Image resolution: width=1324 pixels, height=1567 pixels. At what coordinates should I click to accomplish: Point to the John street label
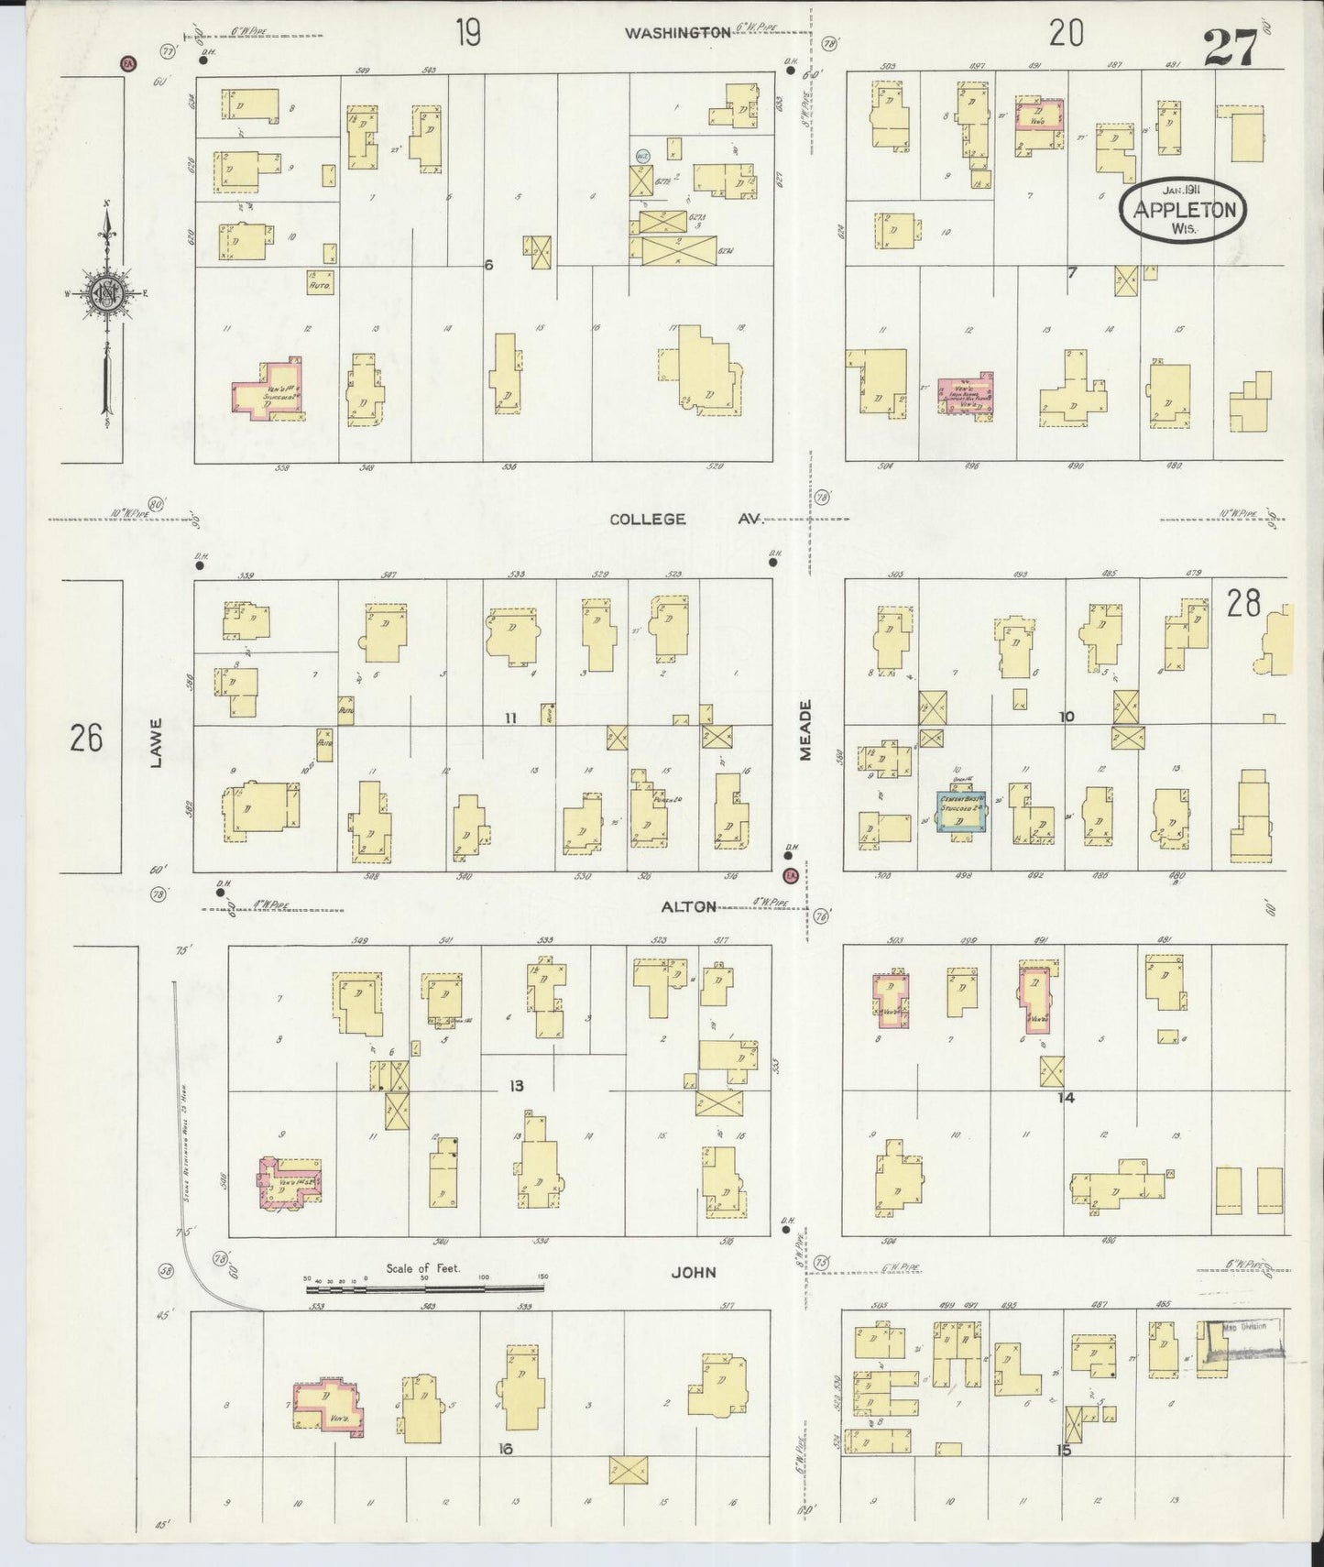[693, 1272]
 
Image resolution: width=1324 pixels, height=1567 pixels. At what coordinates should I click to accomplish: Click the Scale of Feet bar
[424, 1288]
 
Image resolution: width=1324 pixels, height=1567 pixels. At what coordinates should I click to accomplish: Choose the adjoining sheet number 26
[87, 738]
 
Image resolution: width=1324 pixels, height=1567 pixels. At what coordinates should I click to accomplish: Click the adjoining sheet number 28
[1243, 604]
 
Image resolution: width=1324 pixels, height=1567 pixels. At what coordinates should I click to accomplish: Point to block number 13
[517, 1087]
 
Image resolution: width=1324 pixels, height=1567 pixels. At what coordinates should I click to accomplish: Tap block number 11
[510, 718]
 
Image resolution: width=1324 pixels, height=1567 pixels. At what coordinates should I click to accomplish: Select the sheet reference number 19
[467, 35]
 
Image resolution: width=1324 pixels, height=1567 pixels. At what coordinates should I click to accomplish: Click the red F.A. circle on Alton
[790, 876]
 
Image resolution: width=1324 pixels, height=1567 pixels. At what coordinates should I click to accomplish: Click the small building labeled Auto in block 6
[320, 283]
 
